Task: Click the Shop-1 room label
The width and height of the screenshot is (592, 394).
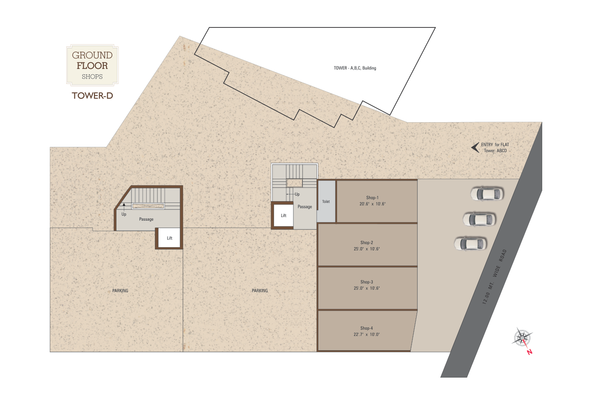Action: (x=372, y=197)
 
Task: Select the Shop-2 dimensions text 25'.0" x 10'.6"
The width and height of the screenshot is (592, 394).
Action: (x=366, y=249)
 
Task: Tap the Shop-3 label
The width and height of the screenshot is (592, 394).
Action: (x=366, y=282)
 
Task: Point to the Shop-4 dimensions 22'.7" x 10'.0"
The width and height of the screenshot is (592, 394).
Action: (x=366, y=335)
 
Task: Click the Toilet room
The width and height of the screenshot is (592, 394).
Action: (x=326, y=202)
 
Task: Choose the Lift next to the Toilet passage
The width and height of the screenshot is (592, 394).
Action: (x=283, y=216)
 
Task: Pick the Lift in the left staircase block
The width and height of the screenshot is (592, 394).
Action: (x=169, y=238)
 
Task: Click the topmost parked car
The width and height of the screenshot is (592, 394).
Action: (x=487, y=194)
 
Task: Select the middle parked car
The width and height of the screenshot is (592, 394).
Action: (x=479, y=219)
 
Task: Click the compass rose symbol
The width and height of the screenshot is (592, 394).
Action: (x=523, y=338)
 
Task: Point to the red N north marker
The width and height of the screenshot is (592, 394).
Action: (x=529, y=352)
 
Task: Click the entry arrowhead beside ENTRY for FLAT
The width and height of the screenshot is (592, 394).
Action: (x=475, y=147)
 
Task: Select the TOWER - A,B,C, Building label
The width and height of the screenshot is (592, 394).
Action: (x=354, y=68)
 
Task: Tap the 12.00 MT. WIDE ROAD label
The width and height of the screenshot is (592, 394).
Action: (x=495, y=277)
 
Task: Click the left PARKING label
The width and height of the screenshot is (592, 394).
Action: (x=120, y=290)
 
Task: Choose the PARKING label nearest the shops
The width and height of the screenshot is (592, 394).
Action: (x=260, y=290)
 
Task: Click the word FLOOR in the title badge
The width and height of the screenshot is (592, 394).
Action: (x=92, y=66)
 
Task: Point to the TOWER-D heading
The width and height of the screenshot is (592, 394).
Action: (x=92, y=95)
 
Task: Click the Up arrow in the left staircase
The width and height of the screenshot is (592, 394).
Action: (x=124, y=207)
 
